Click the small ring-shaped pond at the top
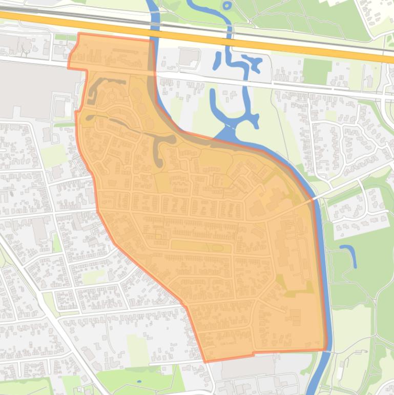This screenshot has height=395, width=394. [226, 6]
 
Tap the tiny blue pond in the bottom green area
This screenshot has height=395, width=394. [139, 382]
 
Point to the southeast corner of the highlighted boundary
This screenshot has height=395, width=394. [326, 350]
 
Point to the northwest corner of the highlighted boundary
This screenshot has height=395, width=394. [79, 34]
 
